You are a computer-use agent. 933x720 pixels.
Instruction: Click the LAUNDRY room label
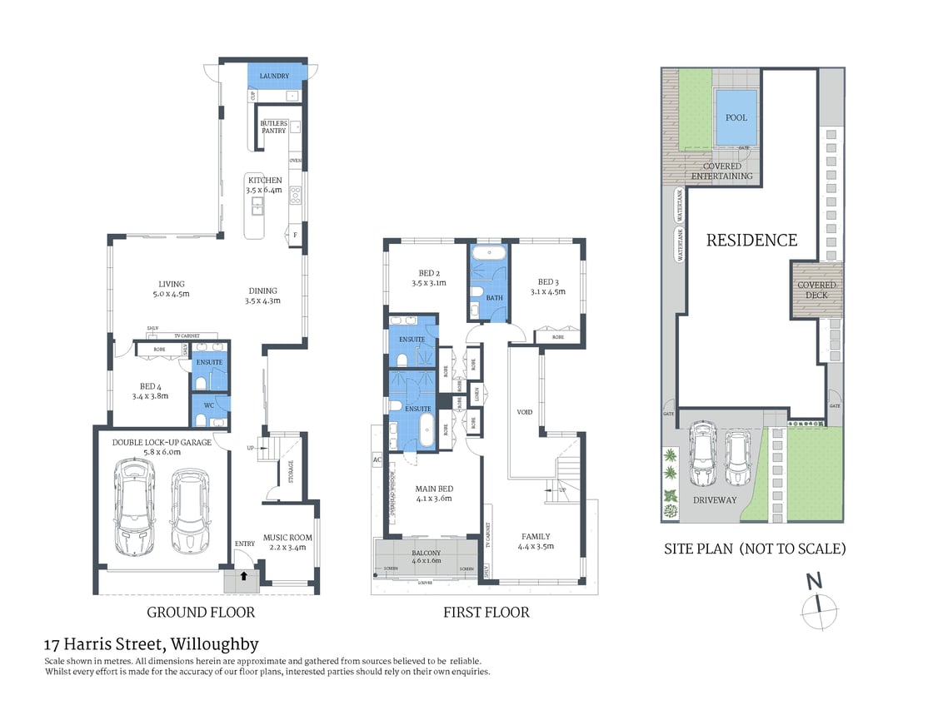tap(274, 77)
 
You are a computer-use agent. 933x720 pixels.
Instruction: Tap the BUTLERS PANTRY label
tap(273, 127)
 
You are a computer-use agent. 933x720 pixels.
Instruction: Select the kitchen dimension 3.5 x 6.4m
tap(264, 191)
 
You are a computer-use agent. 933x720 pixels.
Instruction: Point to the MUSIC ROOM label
tap(287, 538)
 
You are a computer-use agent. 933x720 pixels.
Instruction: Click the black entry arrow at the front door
tap(243, 574)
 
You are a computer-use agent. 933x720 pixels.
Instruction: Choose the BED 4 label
tap(150, 385)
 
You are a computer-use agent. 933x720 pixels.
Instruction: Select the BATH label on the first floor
tap(495, 298)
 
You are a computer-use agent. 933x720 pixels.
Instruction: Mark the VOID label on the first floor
tap(524, 412)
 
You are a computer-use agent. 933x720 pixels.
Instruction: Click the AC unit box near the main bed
tap(377, 459)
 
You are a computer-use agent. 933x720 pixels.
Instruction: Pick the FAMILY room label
tap(536, 537)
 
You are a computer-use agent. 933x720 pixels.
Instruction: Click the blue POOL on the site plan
tap(736, 118)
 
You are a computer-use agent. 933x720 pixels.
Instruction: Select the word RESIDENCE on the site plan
tap(751, 241)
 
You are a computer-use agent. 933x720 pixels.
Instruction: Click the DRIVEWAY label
tap(715, 500)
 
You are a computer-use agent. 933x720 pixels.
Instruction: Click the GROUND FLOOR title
tap(200, 613)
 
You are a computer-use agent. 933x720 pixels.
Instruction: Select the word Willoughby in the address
tap(214, 644)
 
